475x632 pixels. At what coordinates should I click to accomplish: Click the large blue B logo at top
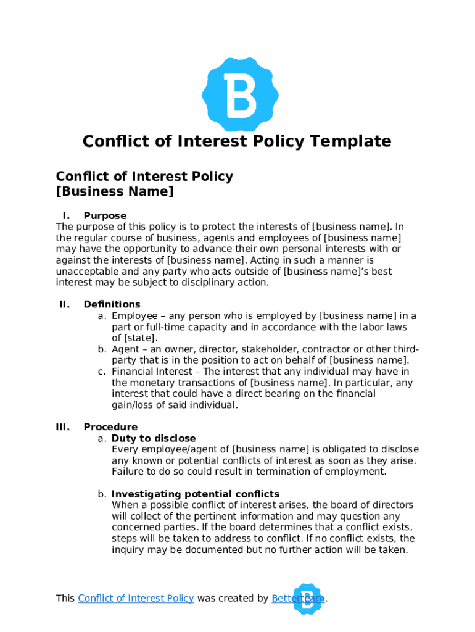click(x=240, y=94)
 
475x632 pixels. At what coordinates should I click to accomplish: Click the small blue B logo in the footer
click(x=307, y=599)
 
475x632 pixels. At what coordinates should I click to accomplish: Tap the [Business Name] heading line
click(x=115, y=192)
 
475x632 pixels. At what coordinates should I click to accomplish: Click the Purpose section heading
click(x=105, y=216)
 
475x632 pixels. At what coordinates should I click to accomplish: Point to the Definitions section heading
click(x=112, y=304)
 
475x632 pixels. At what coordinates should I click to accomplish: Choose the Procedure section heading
click(x=110, y=427)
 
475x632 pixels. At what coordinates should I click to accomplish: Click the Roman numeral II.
click(x=64, y=304)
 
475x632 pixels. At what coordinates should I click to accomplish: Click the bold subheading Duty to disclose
click(x=154, y=439)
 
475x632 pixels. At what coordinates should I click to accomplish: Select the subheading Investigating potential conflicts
click(x=196, y=494)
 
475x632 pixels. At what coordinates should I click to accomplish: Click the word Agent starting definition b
click(x=125, y=349)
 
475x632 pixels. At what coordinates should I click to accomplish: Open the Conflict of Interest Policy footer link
click(x=136, y=599)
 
